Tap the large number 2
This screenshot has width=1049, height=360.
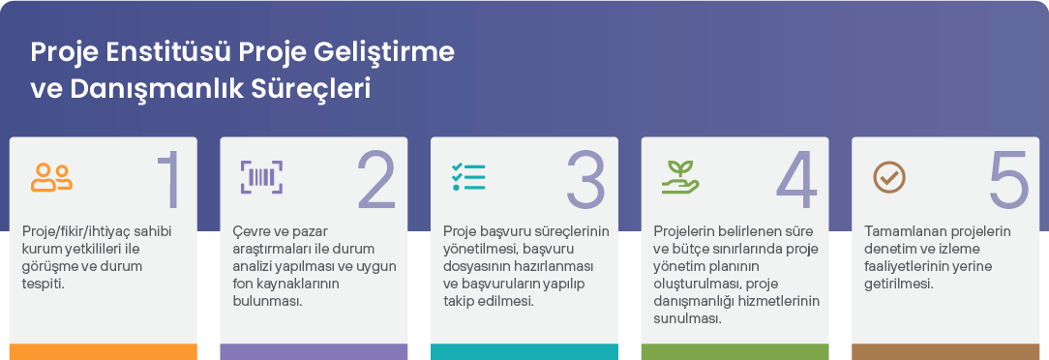[377, 179]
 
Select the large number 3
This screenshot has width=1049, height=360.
[586, 179]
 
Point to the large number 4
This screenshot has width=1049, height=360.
[796, 179]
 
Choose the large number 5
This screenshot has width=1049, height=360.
[1009, 179]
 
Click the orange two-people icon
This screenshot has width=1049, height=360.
[51, 177]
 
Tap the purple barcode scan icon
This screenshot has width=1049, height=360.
[261, 177]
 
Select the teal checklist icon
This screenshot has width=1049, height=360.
[468, 177]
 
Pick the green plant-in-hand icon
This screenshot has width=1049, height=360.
[680, 177]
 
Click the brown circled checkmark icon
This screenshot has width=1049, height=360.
[889, 177]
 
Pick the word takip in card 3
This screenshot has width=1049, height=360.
[460, 300]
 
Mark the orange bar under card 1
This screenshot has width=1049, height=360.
[104, 352]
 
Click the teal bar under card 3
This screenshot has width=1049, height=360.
[524, 352]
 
